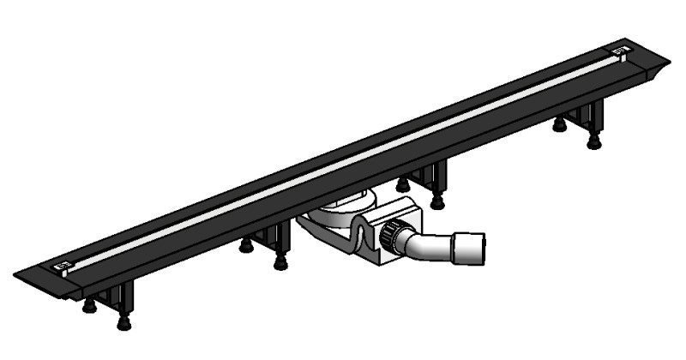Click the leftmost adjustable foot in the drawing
click(88, 307)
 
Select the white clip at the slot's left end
click(62, 267)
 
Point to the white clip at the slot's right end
click(619, 53)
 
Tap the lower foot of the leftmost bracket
click(124, 323)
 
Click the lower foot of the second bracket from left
click(280, 263)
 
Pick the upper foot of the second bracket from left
click(246, 247)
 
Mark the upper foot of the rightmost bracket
click(559, 126)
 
